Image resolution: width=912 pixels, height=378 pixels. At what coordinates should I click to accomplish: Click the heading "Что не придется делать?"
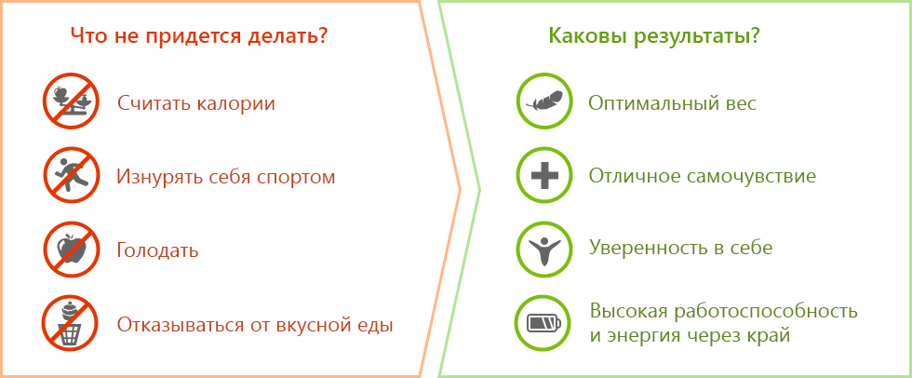point(199,37)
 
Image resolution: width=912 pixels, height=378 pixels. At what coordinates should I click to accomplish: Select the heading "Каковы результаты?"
point(654,37)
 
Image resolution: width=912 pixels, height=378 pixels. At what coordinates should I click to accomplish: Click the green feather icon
point(544,101)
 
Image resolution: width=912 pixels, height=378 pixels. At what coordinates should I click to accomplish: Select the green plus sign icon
point(544,175)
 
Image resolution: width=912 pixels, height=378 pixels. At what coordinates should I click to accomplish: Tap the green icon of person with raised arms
point(544,249)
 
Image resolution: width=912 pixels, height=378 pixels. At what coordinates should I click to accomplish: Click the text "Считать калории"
point(196,103)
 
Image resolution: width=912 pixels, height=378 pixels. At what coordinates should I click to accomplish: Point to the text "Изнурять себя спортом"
point(226,177)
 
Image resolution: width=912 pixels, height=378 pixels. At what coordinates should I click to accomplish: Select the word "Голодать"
point(157,251)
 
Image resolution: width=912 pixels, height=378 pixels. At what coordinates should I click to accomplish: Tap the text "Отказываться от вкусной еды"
point(255,325)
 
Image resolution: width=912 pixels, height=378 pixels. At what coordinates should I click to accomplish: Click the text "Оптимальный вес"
point(673,103)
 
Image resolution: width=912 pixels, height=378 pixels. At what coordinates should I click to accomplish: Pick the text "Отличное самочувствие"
point(703,176)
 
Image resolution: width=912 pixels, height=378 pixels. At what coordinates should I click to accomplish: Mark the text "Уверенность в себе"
point(681,249)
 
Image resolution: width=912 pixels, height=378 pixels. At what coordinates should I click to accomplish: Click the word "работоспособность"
point(766,312)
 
